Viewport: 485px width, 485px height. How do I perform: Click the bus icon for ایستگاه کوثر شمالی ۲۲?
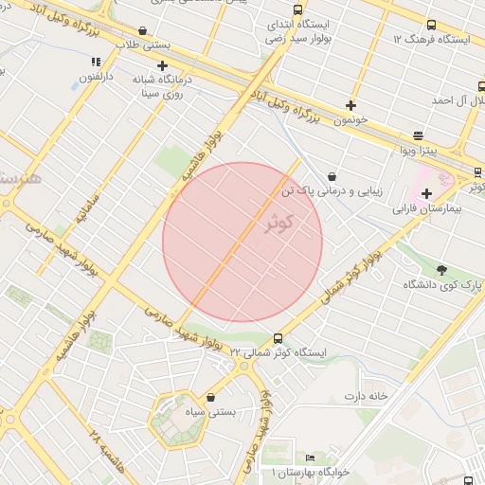tap(278, 338)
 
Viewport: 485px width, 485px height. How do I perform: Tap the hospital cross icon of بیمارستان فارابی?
tap(426, 194)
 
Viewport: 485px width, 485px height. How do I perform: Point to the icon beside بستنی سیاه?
tap(209, 398)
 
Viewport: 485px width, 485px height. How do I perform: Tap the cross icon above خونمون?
tap(351, 105)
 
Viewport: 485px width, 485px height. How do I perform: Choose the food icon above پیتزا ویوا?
tap(419, 135)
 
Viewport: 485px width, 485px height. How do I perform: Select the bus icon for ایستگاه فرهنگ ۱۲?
tap(432, 26)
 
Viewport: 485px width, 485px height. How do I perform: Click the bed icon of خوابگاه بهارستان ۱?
tap(310, 458)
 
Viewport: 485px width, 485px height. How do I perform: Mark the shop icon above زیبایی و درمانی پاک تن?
tap(332, 176)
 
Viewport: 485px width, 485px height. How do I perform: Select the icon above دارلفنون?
tap(95, 62)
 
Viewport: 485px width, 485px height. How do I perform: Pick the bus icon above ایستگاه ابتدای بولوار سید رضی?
tap(297, 9)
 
